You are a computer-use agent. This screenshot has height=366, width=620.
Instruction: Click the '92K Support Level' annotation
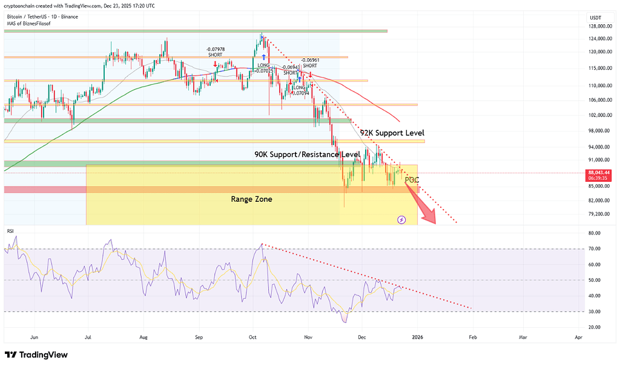point(392,133)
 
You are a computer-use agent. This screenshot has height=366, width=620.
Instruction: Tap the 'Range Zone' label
point(251,199)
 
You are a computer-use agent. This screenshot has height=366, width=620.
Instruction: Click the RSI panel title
point(10,231)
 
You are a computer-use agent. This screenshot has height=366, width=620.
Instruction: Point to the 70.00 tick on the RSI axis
point(594,248)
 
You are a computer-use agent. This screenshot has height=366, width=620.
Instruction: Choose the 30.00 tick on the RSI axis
point(594,311)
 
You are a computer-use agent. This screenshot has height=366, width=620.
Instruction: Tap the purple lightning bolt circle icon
point(401,219)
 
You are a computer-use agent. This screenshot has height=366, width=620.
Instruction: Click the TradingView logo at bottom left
point(36,354)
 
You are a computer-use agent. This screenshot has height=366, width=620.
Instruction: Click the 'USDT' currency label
point(595,17)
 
